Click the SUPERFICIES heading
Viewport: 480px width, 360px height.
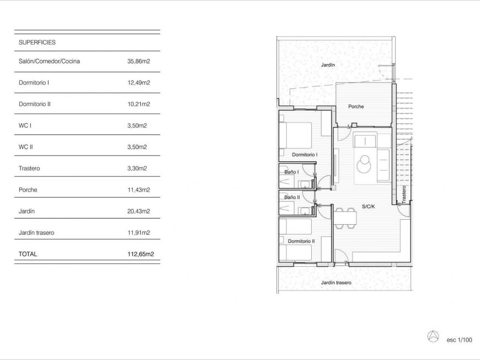coord(37,43)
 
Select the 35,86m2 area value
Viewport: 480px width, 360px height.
coord(138,61)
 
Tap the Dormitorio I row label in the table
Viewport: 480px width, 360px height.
coord(34,83)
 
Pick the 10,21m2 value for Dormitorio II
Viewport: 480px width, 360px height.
coord(138,104)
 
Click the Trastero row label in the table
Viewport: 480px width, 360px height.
coord(29,168)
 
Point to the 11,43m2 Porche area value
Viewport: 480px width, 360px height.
coord(138,190)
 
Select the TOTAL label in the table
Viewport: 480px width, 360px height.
coord(28,254)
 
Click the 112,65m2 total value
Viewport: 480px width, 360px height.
coord(141,254)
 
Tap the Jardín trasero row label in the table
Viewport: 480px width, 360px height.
coord(36,232)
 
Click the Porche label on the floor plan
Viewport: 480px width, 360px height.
coord(356,107)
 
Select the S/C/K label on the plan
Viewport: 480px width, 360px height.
coord(368,207)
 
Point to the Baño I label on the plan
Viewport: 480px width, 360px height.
coord(291,172)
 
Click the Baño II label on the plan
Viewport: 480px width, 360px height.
coord(292,197)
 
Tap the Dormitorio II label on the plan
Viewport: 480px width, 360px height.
coord(301,241)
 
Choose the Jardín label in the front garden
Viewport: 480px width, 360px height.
coord(328,65)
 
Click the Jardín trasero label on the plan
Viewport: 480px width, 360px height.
coord(336,283)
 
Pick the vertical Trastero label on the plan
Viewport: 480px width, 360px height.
coord(404,194)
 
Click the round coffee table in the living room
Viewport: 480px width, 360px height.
coord(364,164)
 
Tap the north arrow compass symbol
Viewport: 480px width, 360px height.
coord(433,337)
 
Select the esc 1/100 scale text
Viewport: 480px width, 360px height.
coord(459,340)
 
